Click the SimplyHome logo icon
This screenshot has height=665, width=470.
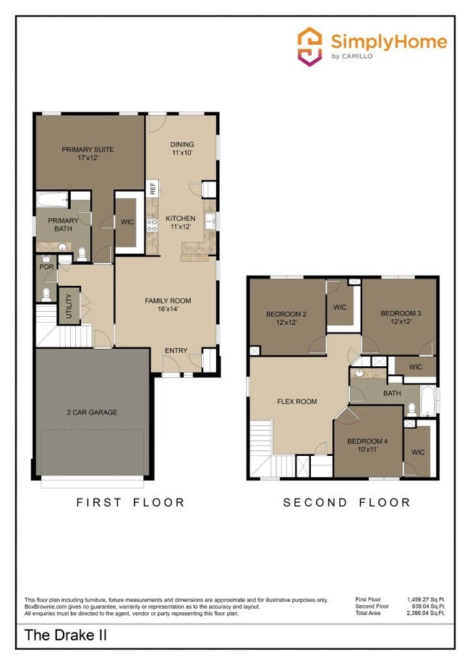click(310, 46)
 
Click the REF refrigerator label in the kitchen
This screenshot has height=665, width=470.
click(153, 189)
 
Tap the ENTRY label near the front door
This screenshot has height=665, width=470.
click(176, 351)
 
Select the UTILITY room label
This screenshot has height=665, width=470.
click(70, 304)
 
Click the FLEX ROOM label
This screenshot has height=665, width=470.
click(297, 401)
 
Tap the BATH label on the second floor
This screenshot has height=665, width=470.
click(392, 394)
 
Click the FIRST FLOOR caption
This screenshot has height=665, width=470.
click(131, 502)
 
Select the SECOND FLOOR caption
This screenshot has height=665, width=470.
click(346, 502)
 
